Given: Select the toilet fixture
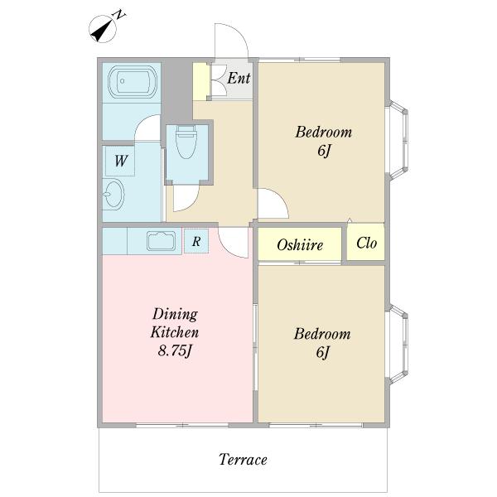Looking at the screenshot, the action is (186, 142).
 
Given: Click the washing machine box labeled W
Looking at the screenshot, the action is (120, 161).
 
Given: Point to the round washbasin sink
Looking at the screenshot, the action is (113, 194).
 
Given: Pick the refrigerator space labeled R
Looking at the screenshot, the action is (196, 241).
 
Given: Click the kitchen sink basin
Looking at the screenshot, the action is (161, 242).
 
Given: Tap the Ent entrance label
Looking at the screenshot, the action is (239, 78).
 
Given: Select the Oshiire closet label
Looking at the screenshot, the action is (300, 244).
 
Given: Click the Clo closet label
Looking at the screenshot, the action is (366, 243).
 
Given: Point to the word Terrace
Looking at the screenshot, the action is (243, 459).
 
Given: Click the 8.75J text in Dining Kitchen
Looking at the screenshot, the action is (176, 351).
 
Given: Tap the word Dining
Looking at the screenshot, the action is (175, 315).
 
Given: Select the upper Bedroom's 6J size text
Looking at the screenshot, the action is (324, 151).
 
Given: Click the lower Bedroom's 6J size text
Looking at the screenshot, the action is (322, 353).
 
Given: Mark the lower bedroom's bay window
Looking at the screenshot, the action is (397, 344).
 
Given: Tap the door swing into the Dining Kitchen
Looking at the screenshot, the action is (234, 243).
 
